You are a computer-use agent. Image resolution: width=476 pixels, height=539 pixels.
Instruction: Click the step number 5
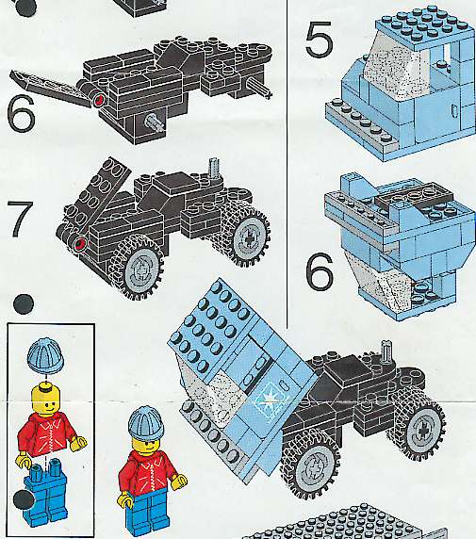click(319, 39)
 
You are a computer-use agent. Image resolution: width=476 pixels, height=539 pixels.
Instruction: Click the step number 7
click(20, 219)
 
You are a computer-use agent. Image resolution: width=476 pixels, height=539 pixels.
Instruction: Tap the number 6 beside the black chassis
click(21, 113)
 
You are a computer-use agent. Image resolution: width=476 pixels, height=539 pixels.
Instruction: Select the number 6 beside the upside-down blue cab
click(320, 270)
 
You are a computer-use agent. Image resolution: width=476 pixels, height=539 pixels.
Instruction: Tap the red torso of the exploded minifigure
click(49, 435)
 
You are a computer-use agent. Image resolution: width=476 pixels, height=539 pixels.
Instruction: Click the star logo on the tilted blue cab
click(267, 400)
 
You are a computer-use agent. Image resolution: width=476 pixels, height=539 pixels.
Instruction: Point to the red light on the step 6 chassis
click(99, 100)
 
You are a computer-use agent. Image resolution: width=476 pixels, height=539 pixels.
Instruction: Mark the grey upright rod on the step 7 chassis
click(213, 169)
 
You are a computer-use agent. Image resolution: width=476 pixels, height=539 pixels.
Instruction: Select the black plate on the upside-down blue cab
click(415, 197)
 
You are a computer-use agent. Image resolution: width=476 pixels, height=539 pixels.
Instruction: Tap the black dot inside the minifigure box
click(23, 499)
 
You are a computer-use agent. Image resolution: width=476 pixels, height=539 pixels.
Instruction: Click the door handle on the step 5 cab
click(454, 110)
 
